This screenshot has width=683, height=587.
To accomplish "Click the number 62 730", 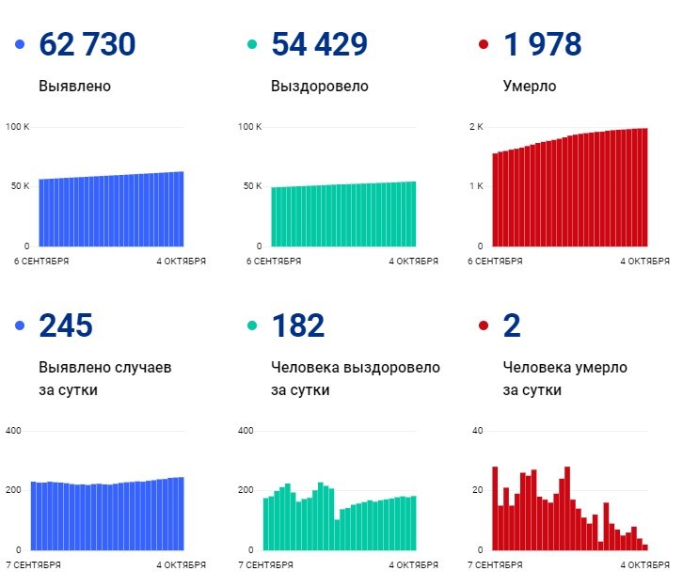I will tap(87, 44).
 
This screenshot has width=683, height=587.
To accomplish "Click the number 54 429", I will tap(319, 44).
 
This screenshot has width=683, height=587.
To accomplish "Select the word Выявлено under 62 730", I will tap(75, 87).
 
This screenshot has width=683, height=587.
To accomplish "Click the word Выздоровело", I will tap(319, 87).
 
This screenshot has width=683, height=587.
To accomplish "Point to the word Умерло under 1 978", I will tap(530, 87).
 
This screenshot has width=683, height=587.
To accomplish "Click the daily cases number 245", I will tap(66, 325).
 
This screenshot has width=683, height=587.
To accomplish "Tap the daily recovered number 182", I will tap(297, 325).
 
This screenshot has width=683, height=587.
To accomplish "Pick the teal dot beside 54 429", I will tap(251, 45).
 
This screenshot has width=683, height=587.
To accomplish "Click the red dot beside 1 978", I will tap(484, 45).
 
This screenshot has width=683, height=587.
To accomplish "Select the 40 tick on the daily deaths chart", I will tap(477, 431).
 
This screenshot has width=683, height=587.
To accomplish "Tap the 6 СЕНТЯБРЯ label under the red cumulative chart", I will tap(496, 261).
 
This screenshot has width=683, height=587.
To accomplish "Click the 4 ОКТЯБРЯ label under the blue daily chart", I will tap(181, 564).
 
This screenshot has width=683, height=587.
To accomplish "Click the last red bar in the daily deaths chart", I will tap(645, 547).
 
